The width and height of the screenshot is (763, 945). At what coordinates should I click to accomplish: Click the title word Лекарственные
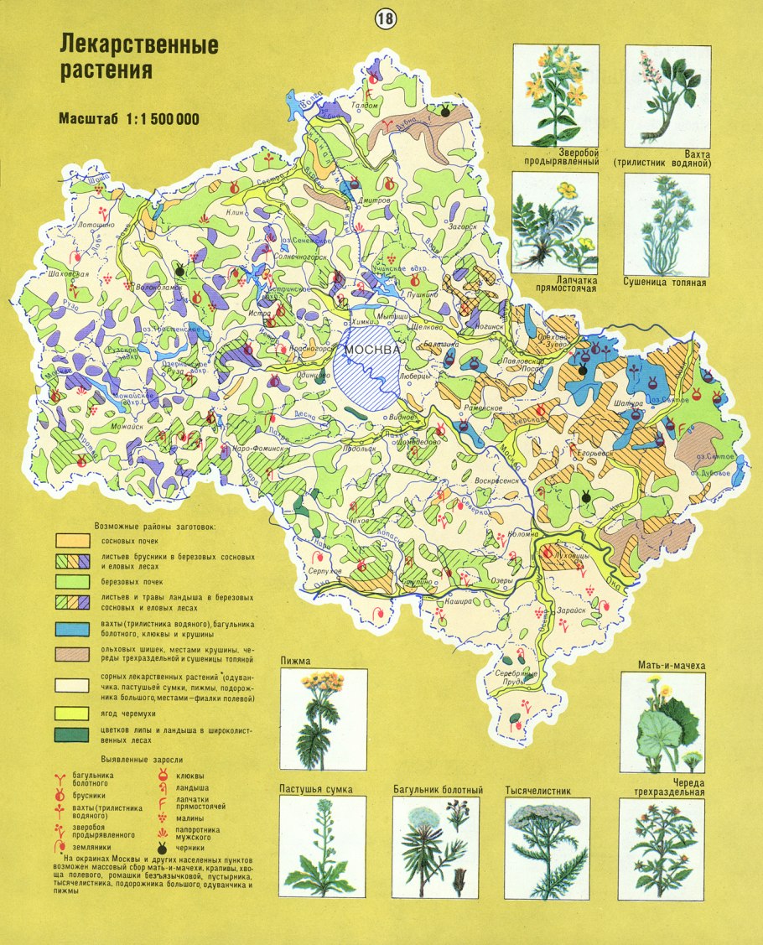(x=138, y=44)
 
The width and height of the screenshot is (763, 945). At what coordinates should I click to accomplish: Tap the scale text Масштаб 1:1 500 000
(x=129, y=118)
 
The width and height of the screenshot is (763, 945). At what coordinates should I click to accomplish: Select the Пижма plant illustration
(x=323, y=718)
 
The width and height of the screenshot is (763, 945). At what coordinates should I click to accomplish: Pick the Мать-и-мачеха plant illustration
(x=663, y=723)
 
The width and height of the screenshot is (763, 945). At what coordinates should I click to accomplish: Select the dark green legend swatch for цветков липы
(x=73, y=735)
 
